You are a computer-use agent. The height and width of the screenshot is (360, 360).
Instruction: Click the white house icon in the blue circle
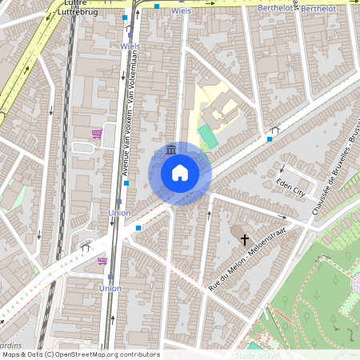click(x=180, y=172)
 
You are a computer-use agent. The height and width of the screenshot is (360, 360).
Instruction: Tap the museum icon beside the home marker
click(x=170, y=150)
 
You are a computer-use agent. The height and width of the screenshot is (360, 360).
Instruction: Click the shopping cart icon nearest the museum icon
click(x=97, y=134)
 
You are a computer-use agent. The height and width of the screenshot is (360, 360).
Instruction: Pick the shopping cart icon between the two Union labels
click(x=102, y=260)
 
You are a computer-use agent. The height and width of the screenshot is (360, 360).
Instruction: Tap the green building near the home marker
click(x=207, y=136)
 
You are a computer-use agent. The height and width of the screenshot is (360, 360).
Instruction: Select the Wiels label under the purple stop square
click(x=130, y=46)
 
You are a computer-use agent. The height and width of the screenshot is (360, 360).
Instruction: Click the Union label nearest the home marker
click(x=119, y=213)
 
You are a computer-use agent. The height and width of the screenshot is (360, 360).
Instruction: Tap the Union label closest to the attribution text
click(x=110, y=288)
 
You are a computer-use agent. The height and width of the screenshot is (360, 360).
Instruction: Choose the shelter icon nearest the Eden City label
click(x=274, y=130)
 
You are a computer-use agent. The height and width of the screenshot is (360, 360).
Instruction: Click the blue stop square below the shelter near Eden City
click(x=270, y=139)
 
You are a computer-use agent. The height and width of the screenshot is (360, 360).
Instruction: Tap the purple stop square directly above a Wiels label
click(x=130, y=35)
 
